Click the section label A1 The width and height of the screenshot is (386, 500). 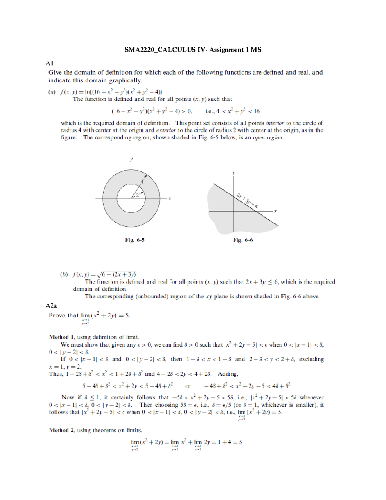49,63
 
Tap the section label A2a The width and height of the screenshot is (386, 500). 51,306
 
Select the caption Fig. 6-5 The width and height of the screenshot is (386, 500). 135,240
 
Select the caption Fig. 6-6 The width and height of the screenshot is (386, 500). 243,240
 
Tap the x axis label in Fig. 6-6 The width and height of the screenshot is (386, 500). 275,211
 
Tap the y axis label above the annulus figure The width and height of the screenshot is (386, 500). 131,159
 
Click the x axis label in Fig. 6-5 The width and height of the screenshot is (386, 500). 170,199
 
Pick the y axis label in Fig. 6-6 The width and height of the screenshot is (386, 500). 234,173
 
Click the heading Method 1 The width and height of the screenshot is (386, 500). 59,337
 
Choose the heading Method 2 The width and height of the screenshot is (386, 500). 59,430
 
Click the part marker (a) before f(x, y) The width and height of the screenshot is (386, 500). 52,92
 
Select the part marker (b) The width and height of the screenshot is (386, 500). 64,274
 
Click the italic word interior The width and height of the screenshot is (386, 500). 275,123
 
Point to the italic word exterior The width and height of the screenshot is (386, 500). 166,130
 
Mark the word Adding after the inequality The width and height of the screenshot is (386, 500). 228,374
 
